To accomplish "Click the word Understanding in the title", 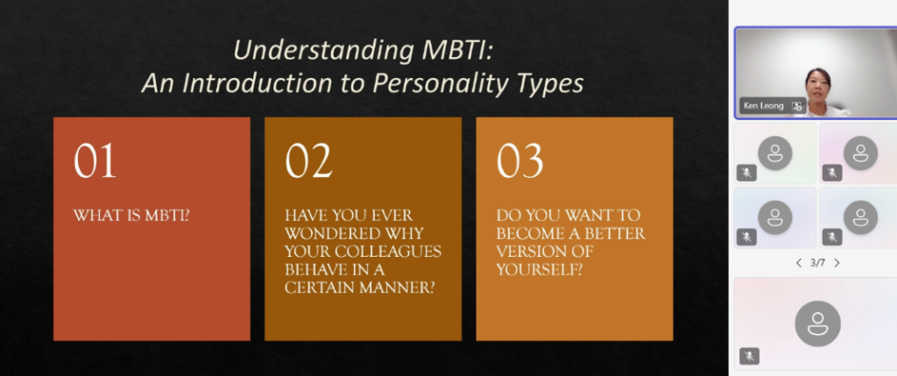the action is point(323,51).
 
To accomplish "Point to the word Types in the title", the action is point(548,84).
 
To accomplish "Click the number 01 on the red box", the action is point(95,160).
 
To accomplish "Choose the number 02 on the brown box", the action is point(308,160).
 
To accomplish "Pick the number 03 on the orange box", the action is point(519,160).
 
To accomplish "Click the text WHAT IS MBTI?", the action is point(131,216).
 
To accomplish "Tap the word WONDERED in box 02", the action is point(326,234).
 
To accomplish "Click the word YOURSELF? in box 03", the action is point(540,270).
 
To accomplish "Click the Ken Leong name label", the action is point(764,106).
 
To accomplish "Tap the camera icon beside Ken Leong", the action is point(796,106).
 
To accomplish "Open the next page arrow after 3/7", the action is point(837,263).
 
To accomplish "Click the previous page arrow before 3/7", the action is point(799,263).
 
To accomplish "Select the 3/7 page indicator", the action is point(818,263).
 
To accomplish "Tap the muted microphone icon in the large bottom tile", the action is point(749,356).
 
